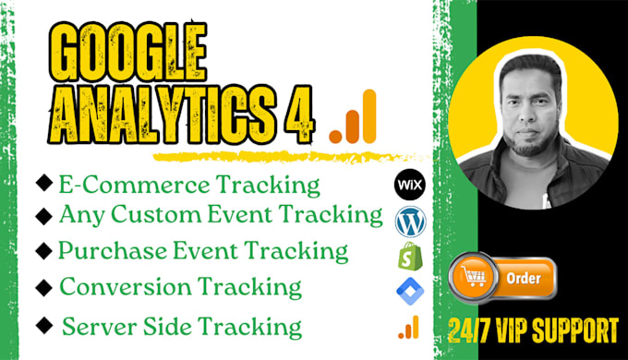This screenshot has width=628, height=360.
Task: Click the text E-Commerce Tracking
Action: pos(188,185)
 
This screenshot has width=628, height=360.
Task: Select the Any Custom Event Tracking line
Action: pos(220,215)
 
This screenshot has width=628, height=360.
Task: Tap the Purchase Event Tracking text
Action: pos(202,250)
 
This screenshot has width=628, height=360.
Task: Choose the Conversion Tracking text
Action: pos(180,287)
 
